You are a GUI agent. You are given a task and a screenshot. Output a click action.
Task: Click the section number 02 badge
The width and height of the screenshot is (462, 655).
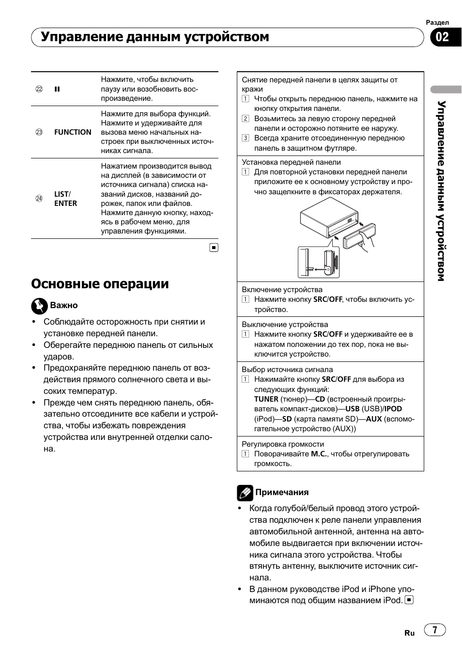(443, 37)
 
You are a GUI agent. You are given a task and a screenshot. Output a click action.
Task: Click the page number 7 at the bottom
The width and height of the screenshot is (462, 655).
(435, 630)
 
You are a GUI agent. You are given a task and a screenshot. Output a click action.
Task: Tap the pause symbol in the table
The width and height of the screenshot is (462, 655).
(57, 89)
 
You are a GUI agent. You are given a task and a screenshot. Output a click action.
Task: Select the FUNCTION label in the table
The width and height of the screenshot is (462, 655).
(73, 132)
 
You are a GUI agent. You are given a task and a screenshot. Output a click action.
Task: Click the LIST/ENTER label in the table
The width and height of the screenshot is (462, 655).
(65, 199)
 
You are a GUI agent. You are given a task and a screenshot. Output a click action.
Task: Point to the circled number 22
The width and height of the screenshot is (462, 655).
(39, 89)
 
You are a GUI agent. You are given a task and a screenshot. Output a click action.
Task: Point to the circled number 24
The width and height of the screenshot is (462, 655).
(39, 199)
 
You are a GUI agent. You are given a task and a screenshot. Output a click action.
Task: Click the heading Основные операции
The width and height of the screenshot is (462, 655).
(100, 284)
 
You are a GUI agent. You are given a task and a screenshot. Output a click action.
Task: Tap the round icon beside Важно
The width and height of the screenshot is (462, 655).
(39, 306)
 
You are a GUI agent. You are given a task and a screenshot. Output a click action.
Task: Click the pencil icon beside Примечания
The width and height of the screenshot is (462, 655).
(245, 493)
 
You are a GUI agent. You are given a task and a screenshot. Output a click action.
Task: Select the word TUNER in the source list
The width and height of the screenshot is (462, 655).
(266, 399)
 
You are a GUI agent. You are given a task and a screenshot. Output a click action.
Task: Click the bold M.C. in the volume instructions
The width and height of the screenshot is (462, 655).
(319, 454)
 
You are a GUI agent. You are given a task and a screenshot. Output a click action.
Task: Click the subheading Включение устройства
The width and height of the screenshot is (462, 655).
(282, 290)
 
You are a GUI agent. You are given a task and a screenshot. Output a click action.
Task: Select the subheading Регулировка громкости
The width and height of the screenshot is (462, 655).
(283, 444)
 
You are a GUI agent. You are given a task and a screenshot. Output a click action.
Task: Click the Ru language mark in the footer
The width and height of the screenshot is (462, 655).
(410, 633)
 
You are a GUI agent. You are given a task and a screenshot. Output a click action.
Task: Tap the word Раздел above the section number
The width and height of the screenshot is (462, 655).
(437, 22)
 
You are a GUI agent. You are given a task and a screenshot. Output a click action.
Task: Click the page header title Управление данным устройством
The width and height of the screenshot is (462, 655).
(155, 37)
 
